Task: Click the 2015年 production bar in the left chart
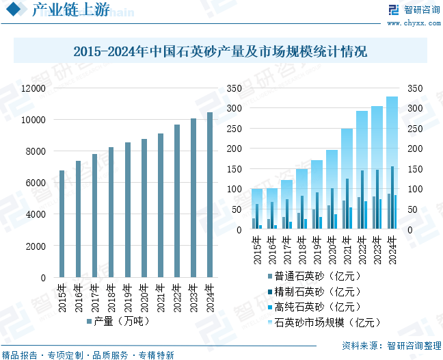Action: tap(62, 224)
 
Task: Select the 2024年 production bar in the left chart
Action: tap(210, 195)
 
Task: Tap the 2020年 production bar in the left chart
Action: tap(144, 208)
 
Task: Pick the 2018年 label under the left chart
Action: tap(111, 296)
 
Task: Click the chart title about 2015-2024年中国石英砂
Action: tap(220, 51)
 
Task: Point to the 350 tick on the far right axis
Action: tap(415, 88)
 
